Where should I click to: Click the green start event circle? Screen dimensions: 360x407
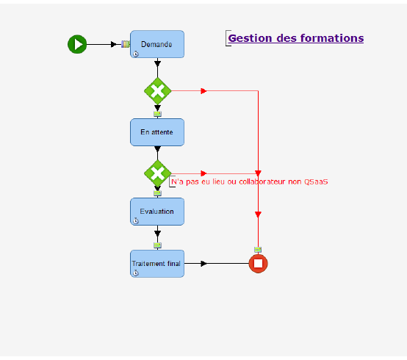tap(77, 44)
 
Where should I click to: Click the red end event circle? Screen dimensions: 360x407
tap(258, 263)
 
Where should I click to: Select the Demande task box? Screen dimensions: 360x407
tap(157, 44)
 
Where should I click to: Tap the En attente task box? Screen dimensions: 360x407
tap(157, 132)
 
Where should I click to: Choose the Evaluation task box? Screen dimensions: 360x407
tap(157, 212)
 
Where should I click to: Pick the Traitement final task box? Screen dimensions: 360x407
tap(157, 263)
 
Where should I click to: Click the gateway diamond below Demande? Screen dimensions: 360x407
tap(157, 91)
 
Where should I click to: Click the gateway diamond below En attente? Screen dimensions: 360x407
tap(157, 174)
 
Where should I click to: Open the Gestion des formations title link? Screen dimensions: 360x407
tap(295, 38)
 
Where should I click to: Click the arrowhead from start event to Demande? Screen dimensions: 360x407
tap(114, 44)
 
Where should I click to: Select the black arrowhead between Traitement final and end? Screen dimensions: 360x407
tap(203, 263)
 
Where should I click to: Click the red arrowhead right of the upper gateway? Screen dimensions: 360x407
tap(203, 91)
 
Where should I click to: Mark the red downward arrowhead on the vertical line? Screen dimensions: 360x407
tap(258, 215)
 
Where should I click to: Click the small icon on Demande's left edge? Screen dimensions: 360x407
tap(126, 44)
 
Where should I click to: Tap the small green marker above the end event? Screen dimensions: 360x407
tap(258, 250)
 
